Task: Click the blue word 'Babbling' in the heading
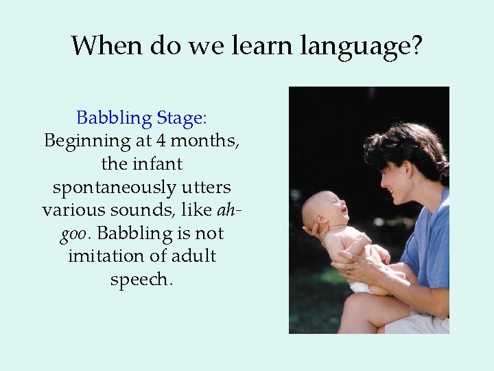click(x=114, y=118)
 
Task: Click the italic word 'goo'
click(x=73, y=234)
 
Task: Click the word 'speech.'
click(x=142, y=280)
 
